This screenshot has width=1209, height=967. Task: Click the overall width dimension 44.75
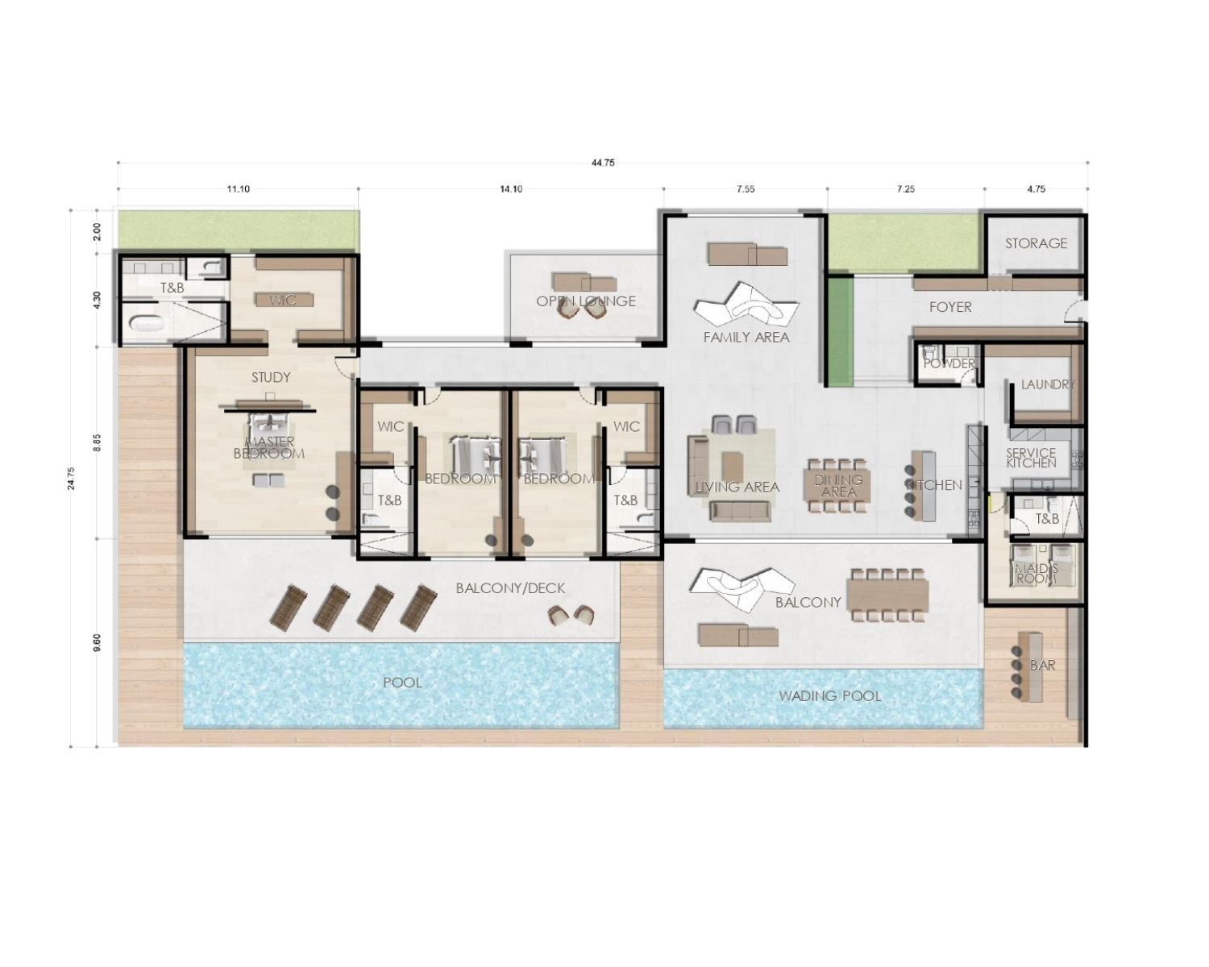(x=603, y=163)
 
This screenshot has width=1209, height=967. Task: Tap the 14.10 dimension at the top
(x=511, y=189)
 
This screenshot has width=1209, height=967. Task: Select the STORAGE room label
(x=1036, y=243)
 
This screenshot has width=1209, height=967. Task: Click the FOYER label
(x=950, y=307)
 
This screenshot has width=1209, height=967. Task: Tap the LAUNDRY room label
(x=1047, y=384)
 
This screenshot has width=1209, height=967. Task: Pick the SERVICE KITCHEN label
(x=1031, y=459)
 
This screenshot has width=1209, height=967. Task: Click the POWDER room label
(x=949, y=363)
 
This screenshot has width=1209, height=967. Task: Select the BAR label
(x=1042, y=666)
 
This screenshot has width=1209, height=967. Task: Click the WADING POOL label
(x=829, y=695)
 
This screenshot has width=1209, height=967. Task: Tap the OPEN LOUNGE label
(x=586, y=301)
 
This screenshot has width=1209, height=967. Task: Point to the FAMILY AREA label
(x=746, y=337)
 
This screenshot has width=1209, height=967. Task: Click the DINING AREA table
(x=838, y=486)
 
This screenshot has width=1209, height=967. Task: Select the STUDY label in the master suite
(x=271, y=377)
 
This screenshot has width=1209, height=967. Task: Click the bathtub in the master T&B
(x=147, y=326)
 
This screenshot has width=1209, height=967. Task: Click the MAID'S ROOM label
(x=1036, y=574)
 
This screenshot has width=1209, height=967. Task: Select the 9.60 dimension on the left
(x=98, y=642)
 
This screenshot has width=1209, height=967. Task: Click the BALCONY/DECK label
(x=510, y=588)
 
